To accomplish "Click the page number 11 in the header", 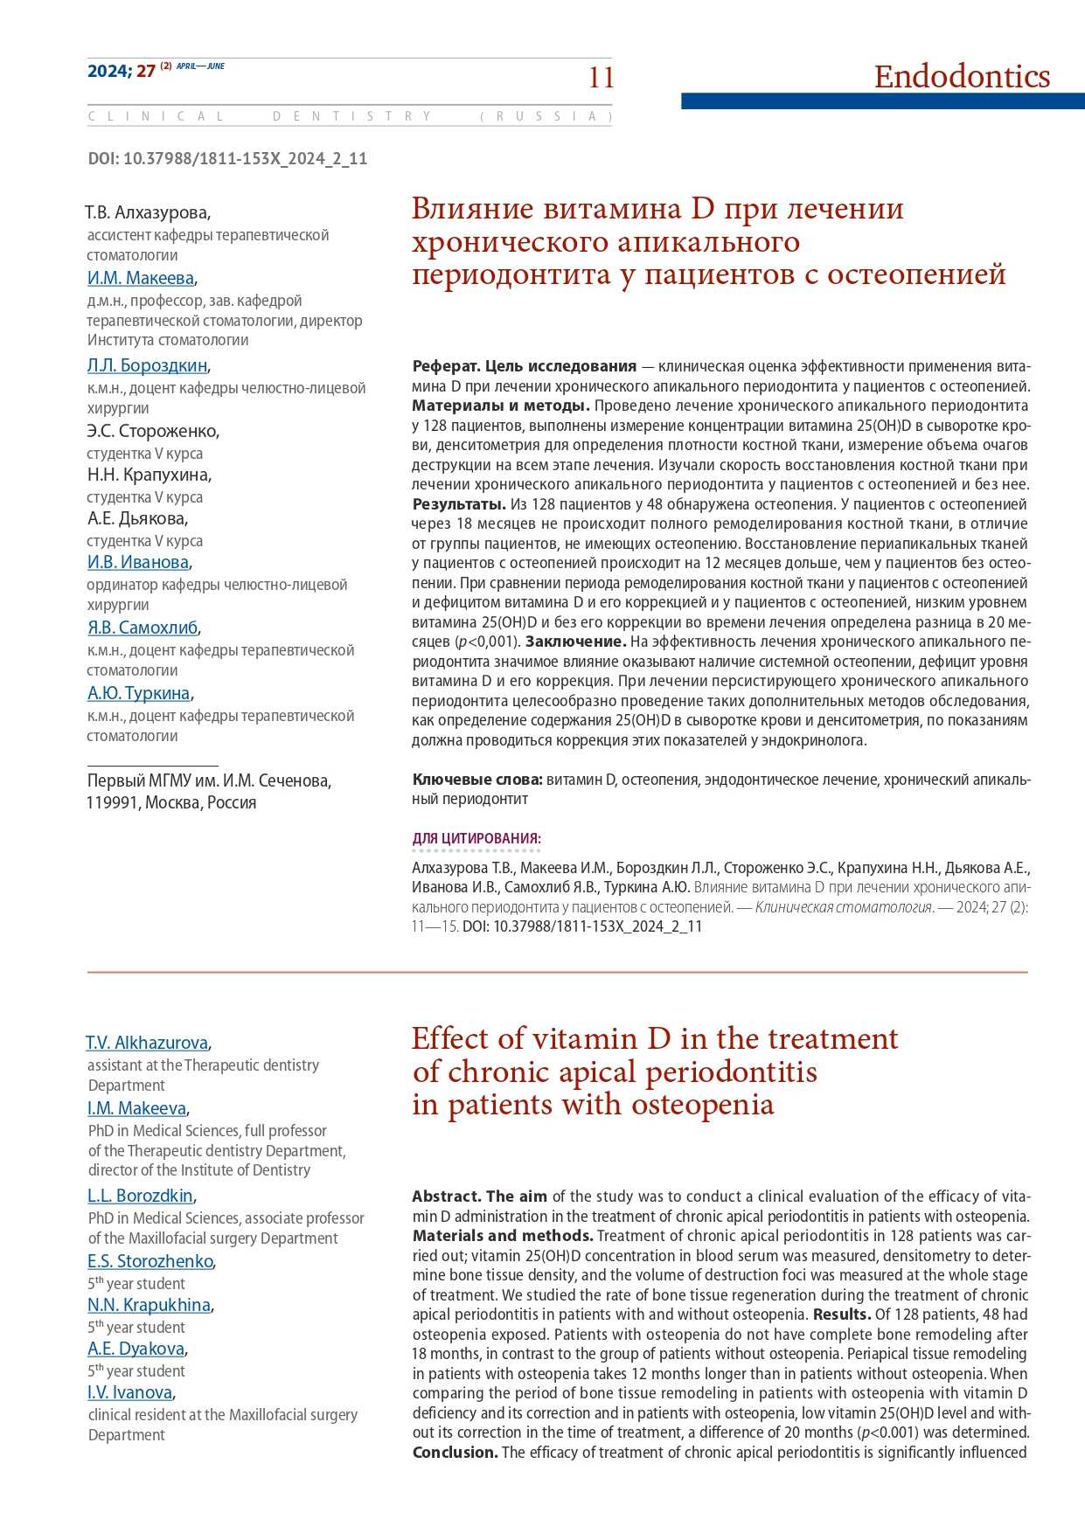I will coord(602,78).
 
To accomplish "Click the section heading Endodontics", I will coord(962,77).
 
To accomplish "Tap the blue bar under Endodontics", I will coord(882,101).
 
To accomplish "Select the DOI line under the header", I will coord(227,159).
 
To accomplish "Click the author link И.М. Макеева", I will coord(141,279).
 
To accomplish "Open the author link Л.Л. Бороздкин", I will coord(147,366).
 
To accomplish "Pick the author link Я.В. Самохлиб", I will coord(143,628).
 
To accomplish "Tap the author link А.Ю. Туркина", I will coord(138,694).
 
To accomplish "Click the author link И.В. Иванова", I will coord(138,563).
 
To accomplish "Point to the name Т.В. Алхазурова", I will coord(147,213).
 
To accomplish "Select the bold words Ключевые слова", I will coord(477,780).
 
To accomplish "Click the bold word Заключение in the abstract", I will coord(575,642).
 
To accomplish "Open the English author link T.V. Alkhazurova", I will coord(147,1043).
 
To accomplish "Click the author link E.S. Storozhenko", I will coord(150,1261).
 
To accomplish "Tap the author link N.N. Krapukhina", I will coord(149,1305).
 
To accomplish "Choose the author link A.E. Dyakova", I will coord(136,1349).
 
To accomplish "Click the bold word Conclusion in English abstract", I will coord(455,1453).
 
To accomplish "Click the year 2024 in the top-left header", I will coord(108,71).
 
